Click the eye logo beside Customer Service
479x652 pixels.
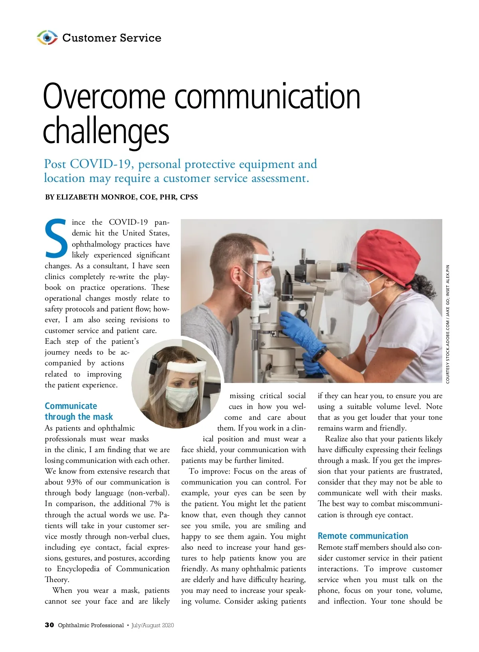point(47,38)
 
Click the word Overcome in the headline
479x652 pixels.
point(104,97)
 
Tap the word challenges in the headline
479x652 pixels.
point(106,131)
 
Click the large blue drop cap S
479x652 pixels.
point(57,239)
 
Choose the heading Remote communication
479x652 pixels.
point(362,536)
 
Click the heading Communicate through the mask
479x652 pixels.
point(78,411)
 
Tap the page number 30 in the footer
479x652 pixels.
point(49,625)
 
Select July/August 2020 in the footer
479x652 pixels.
point(152,625)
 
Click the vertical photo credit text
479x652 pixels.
point(448,324)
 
